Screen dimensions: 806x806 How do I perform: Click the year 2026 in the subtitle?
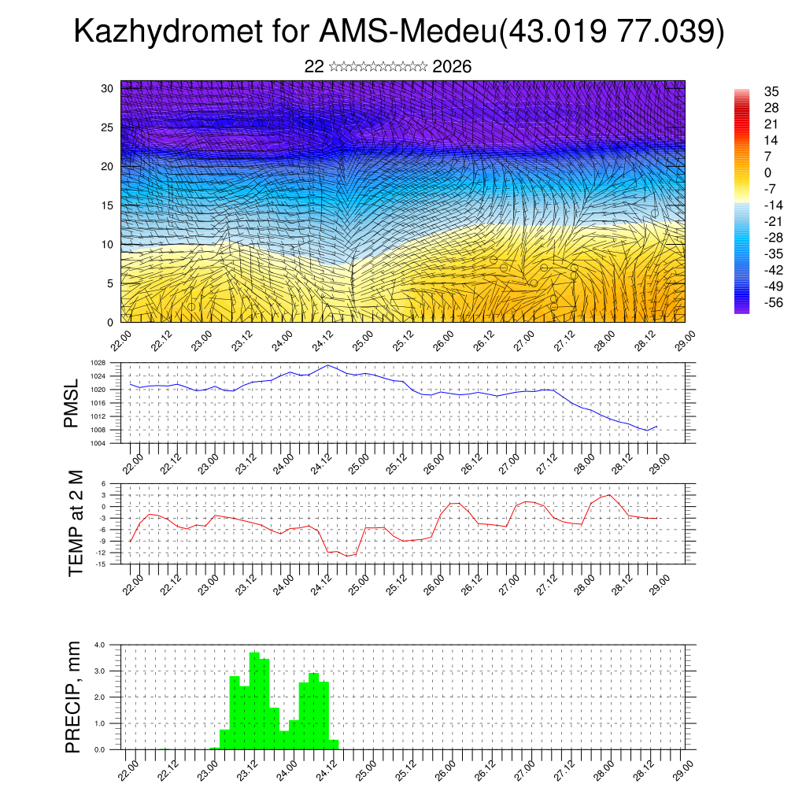452,67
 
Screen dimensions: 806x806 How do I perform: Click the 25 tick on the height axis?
109,127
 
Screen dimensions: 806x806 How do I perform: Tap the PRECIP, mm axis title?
73,697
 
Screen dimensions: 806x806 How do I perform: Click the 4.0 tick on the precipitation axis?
100,645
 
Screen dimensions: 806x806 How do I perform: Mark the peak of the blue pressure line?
328,365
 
